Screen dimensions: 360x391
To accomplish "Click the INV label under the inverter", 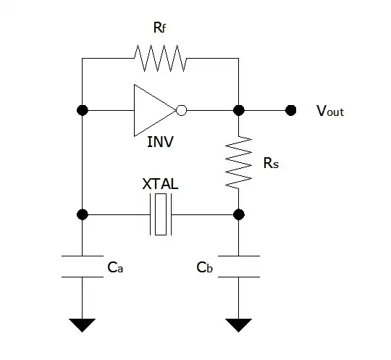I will coord(161,141).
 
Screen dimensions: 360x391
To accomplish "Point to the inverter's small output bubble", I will coord(182,110).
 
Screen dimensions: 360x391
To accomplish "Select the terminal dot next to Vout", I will coord(291,110).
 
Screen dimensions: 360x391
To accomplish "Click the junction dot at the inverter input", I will coord(83,110).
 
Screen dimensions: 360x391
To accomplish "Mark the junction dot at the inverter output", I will coord(238,110).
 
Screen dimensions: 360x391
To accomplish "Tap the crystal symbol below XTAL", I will coord(161,214).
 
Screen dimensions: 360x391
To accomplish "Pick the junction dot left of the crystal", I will coord(83,214).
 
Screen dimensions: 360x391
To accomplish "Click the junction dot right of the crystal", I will coord(238,214).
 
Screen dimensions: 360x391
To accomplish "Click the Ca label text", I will coord(114,267).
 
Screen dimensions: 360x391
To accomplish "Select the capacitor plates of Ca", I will coord(83,266).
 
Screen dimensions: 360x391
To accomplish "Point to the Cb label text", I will coord(204,267).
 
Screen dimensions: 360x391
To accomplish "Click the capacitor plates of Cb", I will coord(238,266).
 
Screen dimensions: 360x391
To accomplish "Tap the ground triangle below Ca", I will coord(83,325).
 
